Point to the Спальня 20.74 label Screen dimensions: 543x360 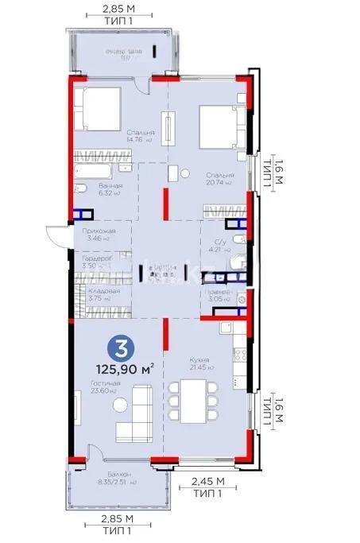(219, 179)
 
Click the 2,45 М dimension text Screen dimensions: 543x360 (209, 481)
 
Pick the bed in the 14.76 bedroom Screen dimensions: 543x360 (98, 107)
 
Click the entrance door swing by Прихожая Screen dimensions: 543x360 (56, 236)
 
